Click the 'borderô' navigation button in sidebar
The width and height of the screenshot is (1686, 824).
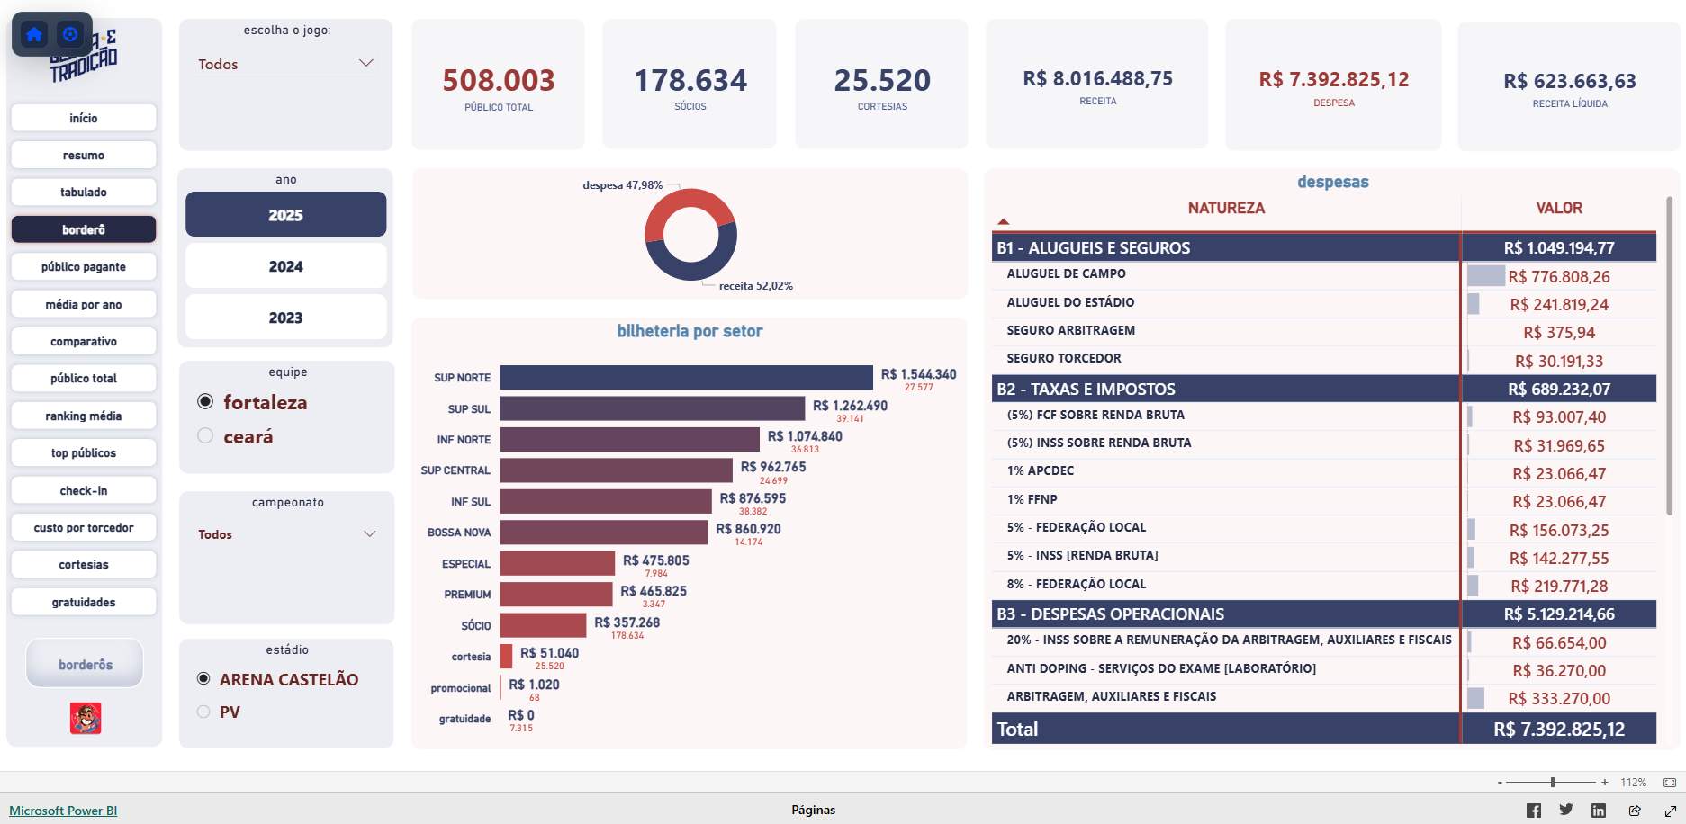[x=84, y=229]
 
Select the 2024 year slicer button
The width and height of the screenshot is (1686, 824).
[x=285, y=266]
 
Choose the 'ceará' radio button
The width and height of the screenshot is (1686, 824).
[x=205, y=436]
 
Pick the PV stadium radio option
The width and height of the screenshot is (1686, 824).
[x=203, y=712]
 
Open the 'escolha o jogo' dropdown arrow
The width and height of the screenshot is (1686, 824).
[x=365, y=63]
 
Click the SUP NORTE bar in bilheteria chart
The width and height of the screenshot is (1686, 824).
[x=686, y=378]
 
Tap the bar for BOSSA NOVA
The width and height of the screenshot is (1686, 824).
[x=603, y=533]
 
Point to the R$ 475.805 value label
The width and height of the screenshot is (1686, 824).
[x=655, y=560]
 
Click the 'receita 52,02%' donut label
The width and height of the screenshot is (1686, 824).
[x=755, y=286]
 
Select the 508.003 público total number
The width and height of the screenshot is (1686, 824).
[x=499, y=81]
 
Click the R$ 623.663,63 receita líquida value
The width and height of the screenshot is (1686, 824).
[x=1569, y=81]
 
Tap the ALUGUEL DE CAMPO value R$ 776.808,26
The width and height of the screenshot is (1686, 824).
[x=1558, y=277]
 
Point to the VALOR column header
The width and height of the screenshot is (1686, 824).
[x=1558, y=208]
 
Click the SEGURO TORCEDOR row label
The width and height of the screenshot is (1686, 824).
[x=1063, y=358]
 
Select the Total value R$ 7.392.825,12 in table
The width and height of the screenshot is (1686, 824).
[x=1558, y=730]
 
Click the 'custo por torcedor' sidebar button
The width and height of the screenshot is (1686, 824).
[x=84, y=528]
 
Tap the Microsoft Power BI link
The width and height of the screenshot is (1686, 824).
[x=63, y=811]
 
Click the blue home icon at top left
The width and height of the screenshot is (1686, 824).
[x=34, y=34]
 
